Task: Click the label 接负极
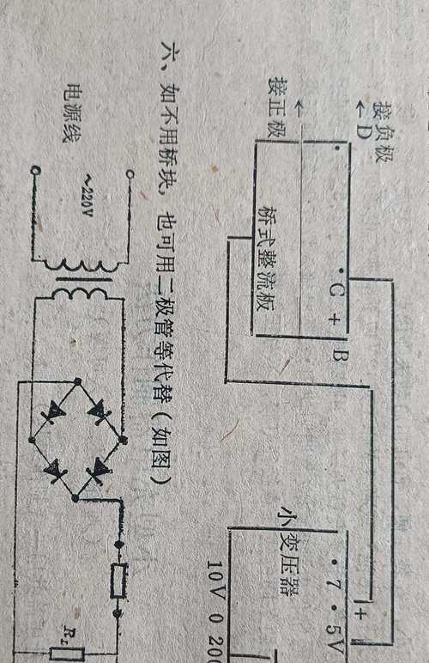[383, 132]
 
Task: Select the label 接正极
[277, 107]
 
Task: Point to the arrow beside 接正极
[299, 108]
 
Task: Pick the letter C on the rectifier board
[336, 290]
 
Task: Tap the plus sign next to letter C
[334, 320]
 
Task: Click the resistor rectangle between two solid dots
[118, 581]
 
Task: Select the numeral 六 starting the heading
[163, 55]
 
